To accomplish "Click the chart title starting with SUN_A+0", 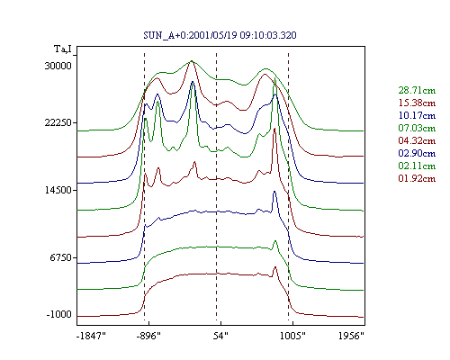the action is tap(220, 35).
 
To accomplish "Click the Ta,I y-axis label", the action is tap(63, 49).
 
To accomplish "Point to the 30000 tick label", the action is tap(58, 66).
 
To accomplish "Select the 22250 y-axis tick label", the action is tap(58, 122).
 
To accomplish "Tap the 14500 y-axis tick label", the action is tap(58, 190).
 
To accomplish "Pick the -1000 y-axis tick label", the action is tap(59, 314).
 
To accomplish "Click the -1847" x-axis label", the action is tap(91, 336).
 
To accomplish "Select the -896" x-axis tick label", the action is tap(148, 336).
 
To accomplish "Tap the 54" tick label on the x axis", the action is tap(220, 336).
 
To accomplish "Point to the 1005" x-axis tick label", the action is tap(292, 336).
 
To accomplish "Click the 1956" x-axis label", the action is tap(351, 336).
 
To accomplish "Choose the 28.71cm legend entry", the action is tap(417, 90).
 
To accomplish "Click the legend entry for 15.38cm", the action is tap(417, 103).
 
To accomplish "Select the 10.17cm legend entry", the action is tap(417, 115).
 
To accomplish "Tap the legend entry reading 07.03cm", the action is tap(417, 128).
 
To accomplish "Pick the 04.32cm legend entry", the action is tap(417, 140).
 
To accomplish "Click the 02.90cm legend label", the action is tap(417, 153).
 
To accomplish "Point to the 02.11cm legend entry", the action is tap(417, 166).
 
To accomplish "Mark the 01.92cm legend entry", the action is tap(417, 178).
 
